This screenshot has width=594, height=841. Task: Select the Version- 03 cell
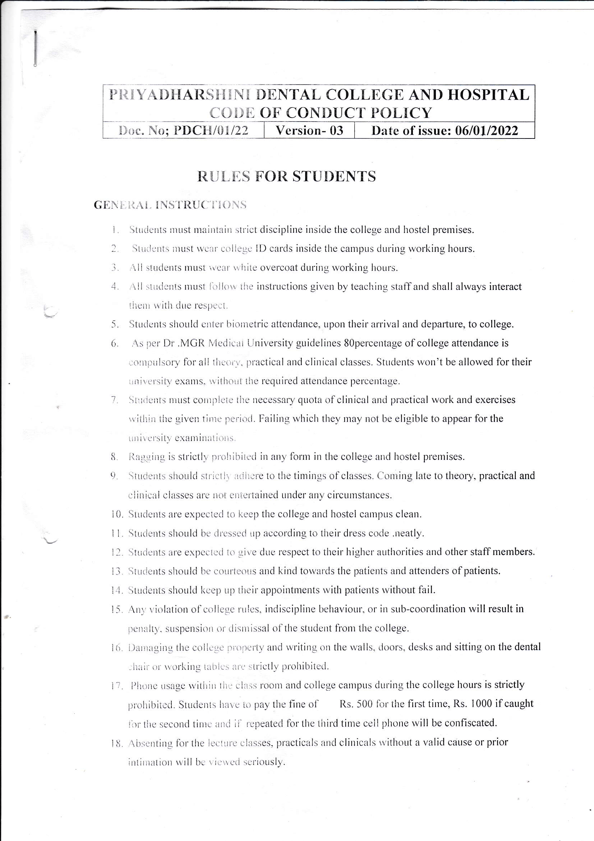[309, 131]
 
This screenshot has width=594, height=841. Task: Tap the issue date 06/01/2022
[487, 131]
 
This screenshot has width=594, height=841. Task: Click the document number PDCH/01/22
[211, 131]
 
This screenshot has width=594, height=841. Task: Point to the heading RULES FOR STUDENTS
[286, 177]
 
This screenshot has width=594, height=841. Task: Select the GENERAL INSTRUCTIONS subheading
[170, 205]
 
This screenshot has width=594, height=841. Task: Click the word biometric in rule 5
[247, 324]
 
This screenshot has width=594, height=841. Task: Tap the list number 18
[116, 744]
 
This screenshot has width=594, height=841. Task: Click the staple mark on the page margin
[36, 49]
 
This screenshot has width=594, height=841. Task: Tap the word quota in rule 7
[310, 400]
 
